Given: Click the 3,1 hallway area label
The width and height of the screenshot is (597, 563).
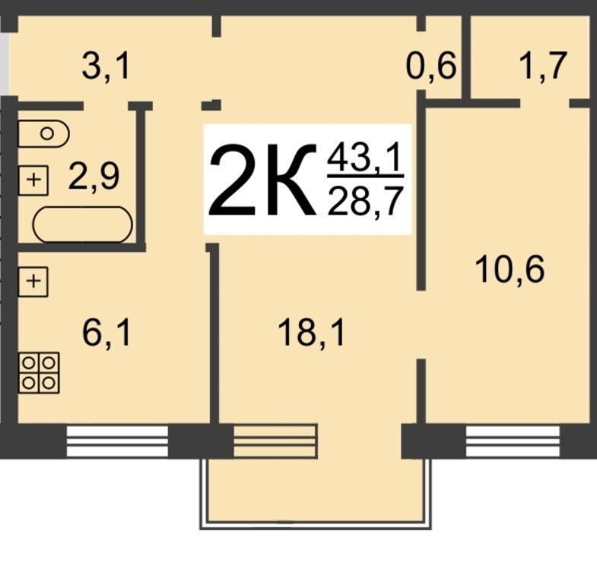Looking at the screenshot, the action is coord(106,68).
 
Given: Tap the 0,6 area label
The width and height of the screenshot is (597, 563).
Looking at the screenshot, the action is coord(431,68).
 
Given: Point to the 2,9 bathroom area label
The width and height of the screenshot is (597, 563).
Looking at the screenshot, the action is coord(94,177).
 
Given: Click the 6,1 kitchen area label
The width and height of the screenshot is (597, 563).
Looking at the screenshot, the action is coord(106,332).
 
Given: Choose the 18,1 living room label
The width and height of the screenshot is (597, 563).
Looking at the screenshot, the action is coord(311,332).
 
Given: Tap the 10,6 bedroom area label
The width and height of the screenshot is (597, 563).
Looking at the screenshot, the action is coord(509,269).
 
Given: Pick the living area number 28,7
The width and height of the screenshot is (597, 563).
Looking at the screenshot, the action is coord(364,203).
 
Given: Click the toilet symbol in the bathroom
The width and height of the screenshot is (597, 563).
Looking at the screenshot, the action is coord(43,134).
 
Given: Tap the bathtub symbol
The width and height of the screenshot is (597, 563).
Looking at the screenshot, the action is coord(82,225).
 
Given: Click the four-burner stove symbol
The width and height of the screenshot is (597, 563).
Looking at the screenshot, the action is coord(39,373).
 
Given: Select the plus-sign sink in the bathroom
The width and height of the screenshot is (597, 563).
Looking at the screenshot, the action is coord(33,180).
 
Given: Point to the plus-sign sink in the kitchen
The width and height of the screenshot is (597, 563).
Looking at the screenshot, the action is coord(33,281).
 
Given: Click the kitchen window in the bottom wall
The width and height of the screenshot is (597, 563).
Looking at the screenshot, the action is coord(117,441).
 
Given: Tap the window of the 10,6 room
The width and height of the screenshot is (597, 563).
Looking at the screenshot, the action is coord(512,441).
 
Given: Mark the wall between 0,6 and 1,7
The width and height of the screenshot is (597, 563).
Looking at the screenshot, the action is coord(465,57).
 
